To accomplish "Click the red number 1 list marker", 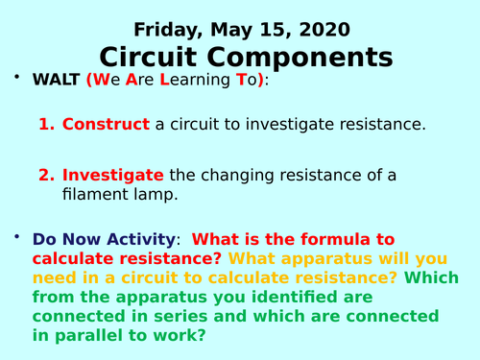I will tap(46, 124).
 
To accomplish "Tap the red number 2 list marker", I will tap(46, 175).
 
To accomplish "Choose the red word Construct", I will tap(106, 124).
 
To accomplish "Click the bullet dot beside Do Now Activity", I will tap(14, 236).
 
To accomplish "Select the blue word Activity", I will tap(144, 239).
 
